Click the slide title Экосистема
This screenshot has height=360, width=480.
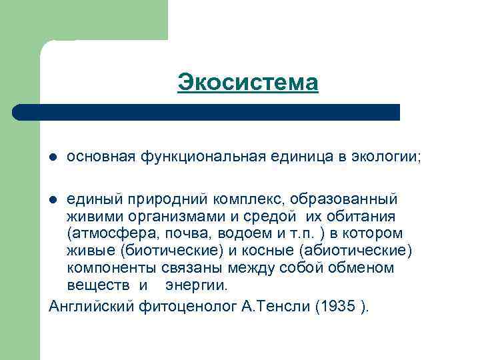click(248, 83)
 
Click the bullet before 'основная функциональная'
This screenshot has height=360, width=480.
click(53, 157)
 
